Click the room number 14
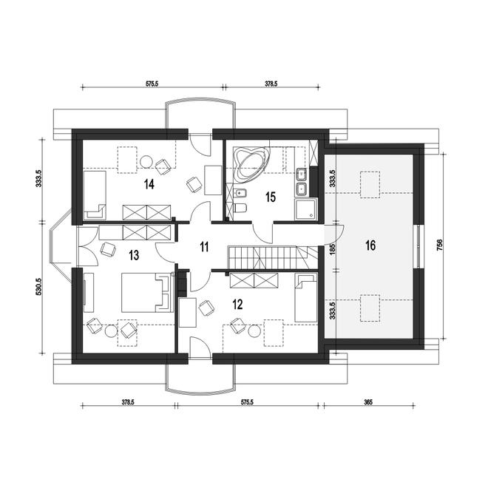tap(149, 184)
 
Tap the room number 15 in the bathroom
tap(271, 197)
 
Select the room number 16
tap(370, 245)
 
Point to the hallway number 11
tap(204, 247)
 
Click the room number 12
tap(237, 304)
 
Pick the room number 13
tap(134, 255)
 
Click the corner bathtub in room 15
tap(251, 163)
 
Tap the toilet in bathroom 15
tap(240, 207)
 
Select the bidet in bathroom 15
tap(240, 193)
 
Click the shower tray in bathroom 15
tap(305, 210)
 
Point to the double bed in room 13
tap(147, 292)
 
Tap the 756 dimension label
tap(440, 246)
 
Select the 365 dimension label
tap(368, 401)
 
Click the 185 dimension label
tap(332, 249)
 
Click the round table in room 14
tap(146, 161)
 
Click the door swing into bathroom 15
tap(263, 233)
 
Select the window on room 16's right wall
tap(418, 246)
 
